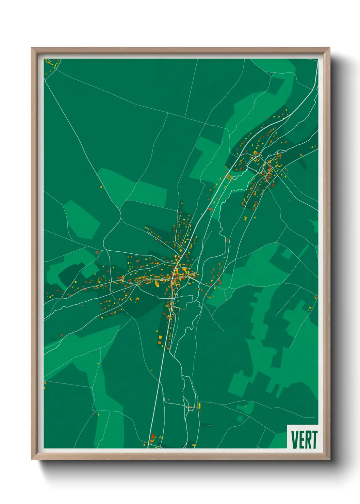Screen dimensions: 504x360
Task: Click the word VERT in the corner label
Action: tap(304, 439)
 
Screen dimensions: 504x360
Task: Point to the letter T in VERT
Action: tap(314, 439)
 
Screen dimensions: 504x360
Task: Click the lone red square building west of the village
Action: tap(97, 252)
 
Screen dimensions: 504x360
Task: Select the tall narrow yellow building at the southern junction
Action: tap(199, 406)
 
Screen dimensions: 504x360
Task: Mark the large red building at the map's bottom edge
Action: tap(153, 437)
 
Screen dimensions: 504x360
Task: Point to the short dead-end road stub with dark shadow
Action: tap(206, 425)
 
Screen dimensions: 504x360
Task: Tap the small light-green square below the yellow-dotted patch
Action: tap(240, 419)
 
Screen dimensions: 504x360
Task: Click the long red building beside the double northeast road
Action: tap(211, 210)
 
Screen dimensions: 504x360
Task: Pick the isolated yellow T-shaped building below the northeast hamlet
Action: tap(245, 218)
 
